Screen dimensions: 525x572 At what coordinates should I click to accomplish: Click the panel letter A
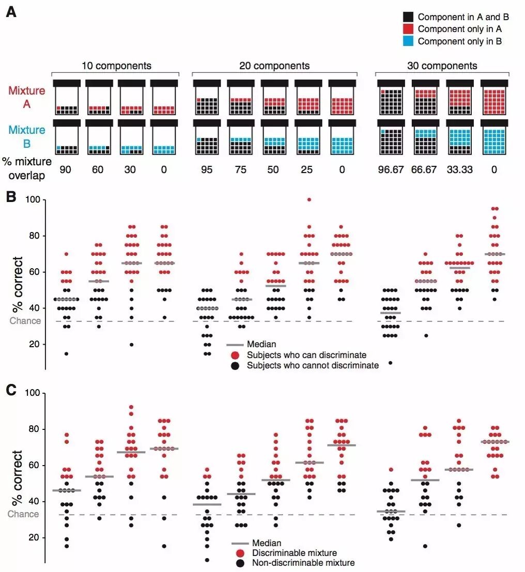[11, 12]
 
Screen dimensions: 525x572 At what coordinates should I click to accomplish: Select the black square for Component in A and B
[408, 17]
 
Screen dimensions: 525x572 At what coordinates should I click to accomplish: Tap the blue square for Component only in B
[408, 41]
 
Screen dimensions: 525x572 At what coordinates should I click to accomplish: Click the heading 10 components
[116, 66]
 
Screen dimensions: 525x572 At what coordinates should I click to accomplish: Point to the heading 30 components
[442, 66]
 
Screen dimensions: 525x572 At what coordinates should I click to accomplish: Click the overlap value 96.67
[391, 169]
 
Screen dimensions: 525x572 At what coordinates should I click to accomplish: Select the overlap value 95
[207, 169]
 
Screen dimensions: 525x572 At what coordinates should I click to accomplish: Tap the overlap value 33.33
[460, 169]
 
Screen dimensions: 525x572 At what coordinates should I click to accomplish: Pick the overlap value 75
[240, 169]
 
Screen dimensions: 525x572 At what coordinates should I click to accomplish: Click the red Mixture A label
[27, 97]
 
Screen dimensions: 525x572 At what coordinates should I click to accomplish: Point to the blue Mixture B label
[27, 136]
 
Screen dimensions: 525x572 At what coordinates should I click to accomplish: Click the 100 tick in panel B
[33, 200]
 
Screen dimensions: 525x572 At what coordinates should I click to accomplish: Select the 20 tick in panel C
[34, 537]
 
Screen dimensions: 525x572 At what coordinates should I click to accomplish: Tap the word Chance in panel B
[25, 321]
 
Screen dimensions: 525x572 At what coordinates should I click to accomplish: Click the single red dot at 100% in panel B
[309, 199]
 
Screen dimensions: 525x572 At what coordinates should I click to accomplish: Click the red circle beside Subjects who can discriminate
[235, 355]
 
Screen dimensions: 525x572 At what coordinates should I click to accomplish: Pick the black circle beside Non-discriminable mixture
[240, 563]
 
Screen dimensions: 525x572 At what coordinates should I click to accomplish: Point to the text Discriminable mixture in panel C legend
[295, 553]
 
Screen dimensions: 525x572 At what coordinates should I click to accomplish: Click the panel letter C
[11, 390]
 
